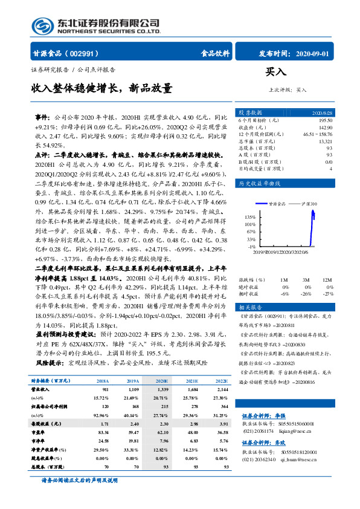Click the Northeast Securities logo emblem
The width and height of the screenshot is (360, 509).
[x=43, y=25]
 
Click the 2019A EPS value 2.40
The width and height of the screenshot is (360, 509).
[x=133, y=441]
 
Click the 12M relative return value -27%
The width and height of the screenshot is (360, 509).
[x=327, y=293]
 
